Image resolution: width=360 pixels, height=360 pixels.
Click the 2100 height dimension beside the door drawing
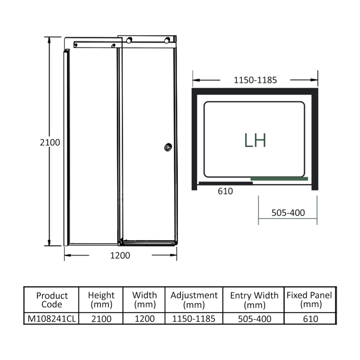point(50,142)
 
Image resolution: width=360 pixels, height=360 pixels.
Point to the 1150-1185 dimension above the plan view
point(255,81)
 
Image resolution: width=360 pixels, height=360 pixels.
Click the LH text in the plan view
point(255,140)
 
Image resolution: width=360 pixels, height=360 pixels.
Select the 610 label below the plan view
point(225,191)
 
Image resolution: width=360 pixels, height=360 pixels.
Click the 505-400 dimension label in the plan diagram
point(288,213)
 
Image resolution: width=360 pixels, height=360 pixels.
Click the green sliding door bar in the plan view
point(279,179)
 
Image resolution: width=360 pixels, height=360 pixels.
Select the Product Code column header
point(52,300)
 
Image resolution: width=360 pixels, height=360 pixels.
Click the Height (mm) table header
point(101,300)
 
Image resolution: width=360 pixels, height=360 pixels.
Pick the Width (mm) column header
point(144,300)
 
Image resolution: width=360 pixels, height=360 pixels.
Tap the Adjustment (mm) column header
point(194,300)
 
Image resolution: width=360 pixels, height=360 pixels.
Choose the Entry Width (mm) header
point(254,300)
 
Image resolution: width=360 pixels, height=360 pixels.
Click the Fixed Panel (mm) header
point(309,300)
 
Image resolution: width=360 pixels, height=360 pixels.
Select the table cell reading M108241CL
point(52,319)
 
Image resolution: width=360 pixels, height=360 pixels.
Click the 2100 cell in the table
point(101,319)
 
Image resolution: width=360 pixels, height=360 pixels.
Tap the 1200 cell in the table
point(144,319)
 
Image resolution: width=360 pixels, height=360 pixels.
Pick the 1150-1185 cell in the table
point(194,319)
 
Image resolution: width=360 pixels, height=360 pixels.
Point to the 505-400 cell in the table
point(254,319)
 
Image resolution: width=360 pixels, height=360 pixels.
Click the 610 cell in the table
point(310,319)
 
